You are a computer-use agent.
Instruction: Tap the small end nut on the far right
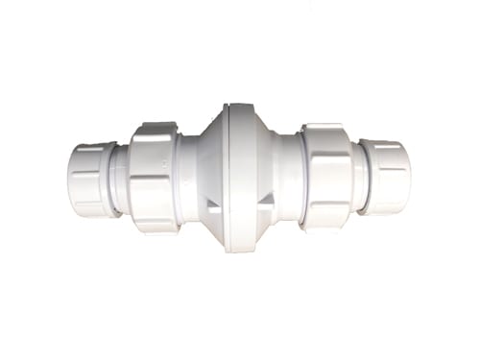(389, 178)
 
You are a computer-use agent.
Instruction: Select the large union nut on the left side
(154, 178)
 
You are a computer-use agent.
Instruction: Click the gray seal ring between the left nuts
(120, 180)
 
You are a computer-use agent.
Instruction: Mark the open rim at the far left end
(69, 180)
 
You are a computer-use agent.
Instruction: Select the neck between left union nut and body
(185, 178)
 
